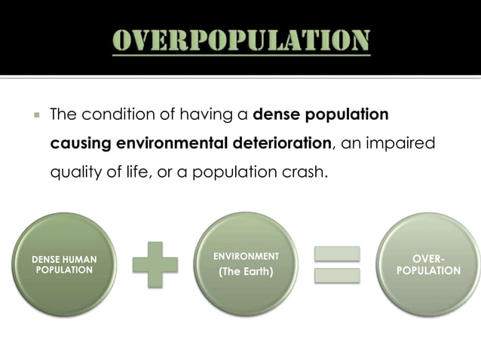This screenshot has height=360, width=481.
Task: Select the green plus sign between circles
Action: click(155, 264)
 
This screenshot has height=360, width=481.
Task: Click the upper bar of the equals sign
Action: click(336, 254)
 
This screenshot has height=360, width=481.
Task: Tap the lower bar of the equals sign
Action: click(336, 276)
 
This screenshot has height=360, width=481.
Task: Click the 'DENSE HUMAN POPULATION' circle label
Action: click(64, 264)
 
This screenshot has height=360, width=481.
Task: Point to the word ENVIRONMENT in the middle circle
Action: click(246, 257)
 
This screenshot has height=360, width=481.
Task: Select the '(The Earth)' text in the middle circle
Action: click(246, 272)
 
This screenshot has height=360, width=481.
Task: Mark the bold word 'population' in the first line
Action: click(346, 115)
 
